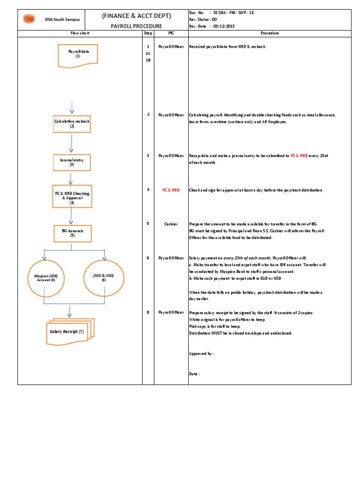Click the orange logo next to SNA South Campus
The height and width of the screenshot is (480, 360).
click(x=30, y=19)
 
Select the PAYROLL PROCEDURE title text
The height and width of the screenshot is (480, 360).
click(x=136, y=26)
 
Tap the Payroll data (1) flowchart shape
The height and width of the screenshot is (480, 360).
click(x=78, y=54)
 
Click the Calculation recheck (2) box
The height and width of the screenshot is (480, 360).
click(x=72, y=124)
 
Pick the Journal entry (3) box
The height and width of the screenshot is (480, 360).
click(x=72, y=162)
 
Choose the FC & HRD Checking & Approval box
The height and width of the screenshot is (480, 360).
click(x=72, y=196)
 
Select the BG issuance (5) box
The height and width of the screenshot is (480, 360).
click(x=72, y=233)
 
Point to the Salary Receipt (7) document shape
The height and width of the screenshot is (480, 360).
click(x=70, y=332)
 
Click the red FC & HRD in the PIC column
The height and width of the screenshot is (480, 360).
click(x=171, y=190)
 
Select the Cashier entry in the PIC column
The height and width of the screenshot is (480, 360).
click(x=171, y=224)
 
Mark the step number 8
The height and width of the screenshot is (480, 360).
click(x=148, y=312)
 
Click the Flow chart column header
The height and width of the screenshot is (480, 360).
click(x=80, y=33)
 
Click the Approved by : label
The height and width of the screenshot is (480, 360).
click(x=201, y=354)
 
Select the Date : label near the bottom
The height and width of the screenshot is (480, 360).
click(x=194, y=374)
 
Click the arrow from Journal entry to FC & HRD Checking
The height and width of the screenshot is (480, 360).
click(x=71, y=178)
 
